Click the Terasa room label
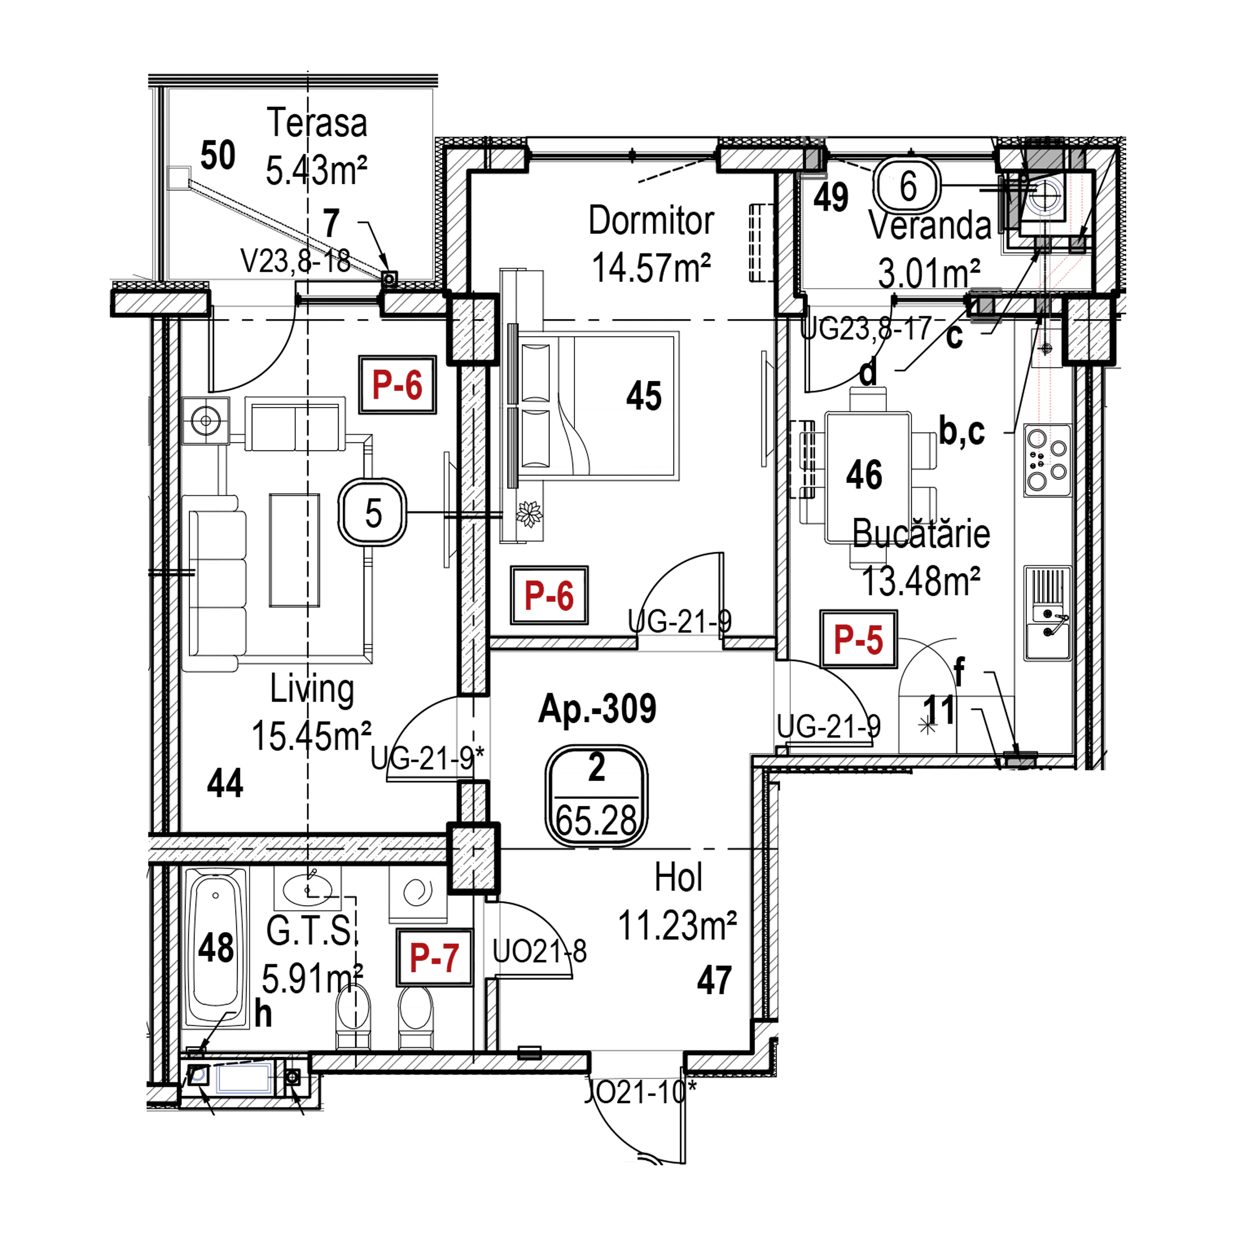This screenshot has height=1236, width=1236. pos(317,124)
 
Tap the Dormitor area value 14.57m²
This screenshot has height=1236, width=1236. pos(651,267)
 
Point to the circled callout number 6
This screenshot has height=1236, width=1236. pos(908,186)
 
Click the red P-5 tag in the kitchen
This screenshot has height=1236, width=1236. pos(859,639)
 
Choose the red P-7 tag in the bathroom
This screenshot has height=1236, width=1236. pos(434,957)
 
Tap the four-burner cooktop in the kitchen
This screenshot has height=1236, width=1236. pos(1047,460)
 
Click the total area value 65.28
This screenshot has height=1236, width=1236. pos(596,821)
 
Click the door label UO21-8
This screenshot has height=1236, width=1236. pos(539,952)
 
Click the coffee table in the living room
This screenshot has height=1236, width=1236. pos(294,550)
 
